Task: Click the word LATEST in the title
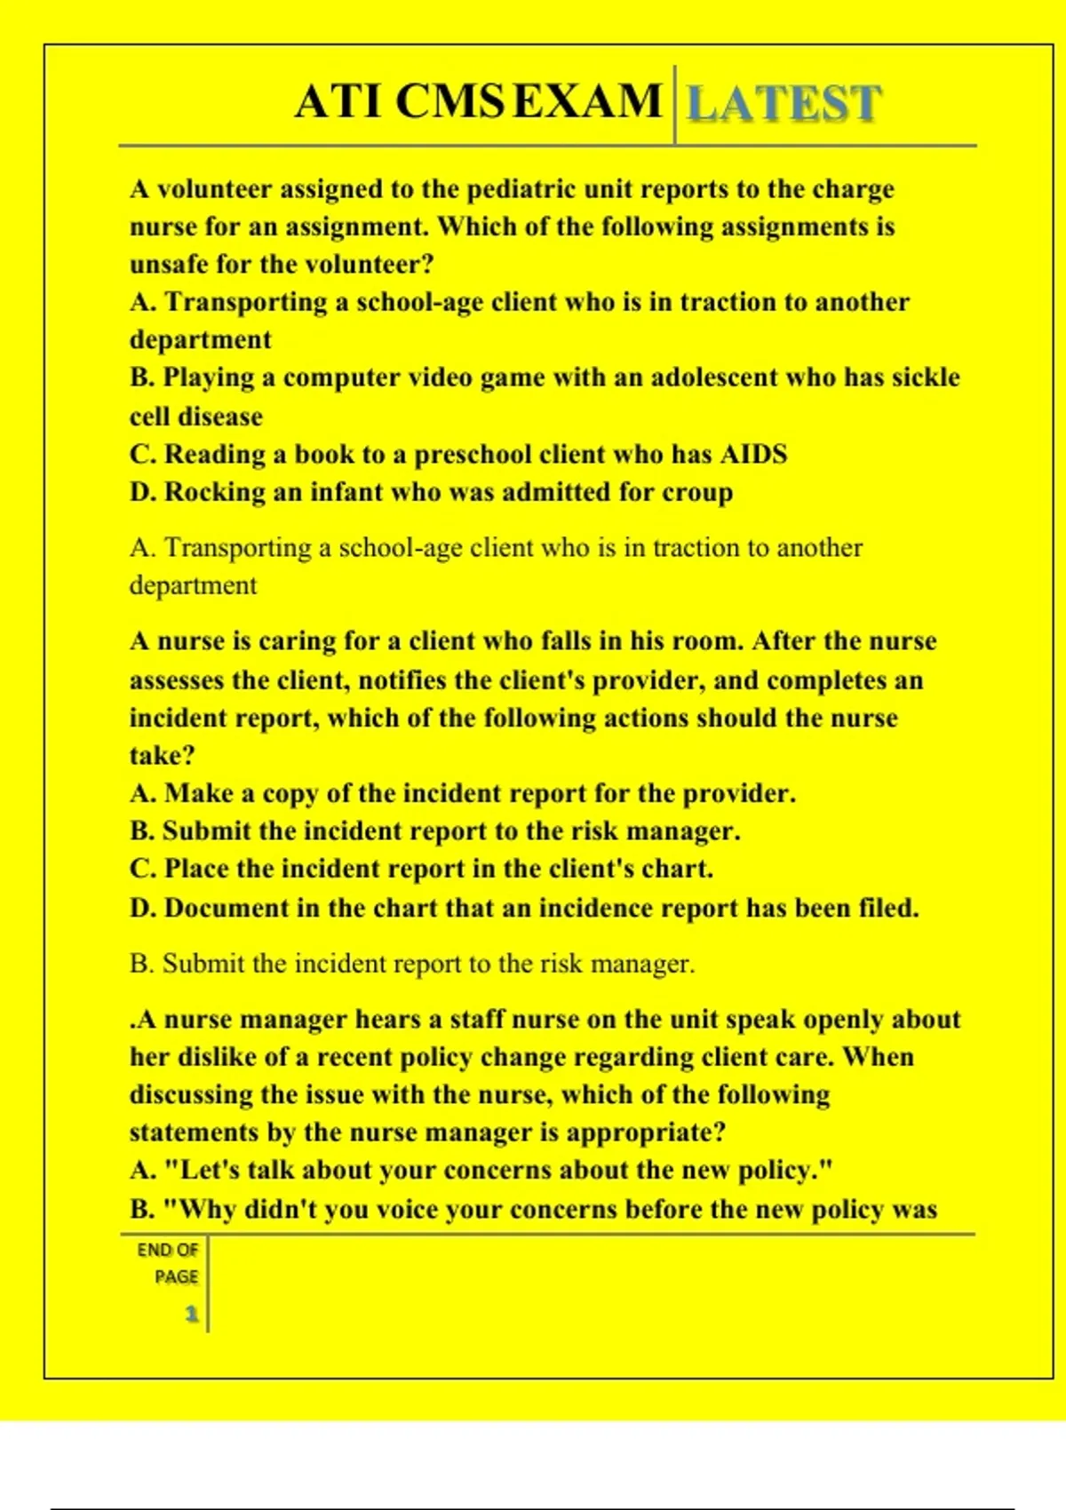click(784, 103)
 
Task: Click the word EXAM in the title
click(587, 100)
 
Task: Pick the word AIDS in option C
click(753, 454)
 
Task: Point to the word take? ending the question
click(162, 756)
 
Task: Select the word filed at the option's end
click(888, 908)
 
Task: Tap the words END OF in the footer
click(167, 1250)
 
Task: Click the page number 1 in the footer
click(191, 1314)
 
